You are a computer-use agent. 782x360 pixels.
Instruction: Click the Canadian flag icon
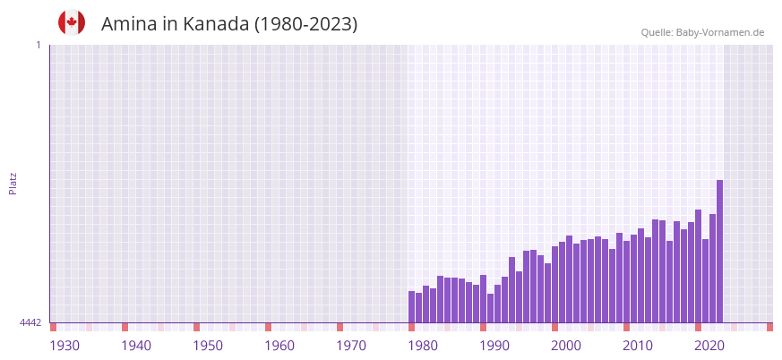(x=72, y=22)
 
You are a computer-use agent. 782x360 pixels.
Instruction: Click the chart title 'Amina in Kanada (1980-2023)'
(x=229, y=24)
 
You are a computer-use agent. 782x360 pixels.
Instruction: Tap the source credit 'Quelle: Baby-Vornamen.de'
(x=702, y=32)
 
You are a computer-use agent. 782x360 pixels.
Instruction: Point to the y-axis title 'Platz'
(x=13, y=183)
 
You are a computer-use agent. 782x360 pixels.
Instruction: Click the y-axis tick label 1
(x=38, y=45)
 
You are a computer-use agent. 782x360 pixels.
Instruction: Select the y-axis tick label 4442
(x=30, y=322)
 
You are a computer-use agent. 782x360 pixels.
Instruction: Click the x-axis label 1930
(x=64, y=346)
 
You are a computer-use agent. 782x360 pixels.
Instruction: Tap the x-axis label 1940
(x=136, y=346)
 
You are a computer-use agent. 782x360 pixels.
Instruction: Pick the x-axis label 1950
(x=208, y=346)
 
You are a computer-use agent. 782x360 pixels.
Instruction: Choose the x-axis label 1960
(x=279, y=346)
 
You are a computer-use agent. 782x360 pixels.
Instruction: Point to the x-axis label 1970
(x=351, y=346)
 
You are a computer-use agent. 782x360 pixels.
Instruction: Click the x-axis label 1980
(x=423, y=346)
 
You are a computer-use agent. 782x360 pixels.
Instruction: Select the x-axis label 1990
(x=494, y=346)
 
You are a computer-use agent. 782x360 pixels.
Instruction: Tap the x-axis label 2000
(x=566, y=346)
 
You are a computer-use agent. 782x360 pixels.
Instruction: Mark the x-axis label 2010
(x=638, y=346)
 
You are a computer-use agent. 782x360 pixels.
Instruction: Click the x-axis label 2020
(x=709, y=346)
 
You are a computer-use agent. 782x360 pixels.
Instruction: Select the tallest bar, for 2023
(x=719, y=252)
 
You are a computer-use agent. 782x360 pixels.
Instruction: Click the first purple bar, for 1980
(x=412, y=307)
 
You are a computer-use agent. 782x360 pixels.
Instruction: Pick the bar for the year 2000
(x=555, y=285)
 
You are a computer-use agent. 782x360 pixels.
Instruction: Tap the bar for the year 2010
(x=627, y=282)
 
